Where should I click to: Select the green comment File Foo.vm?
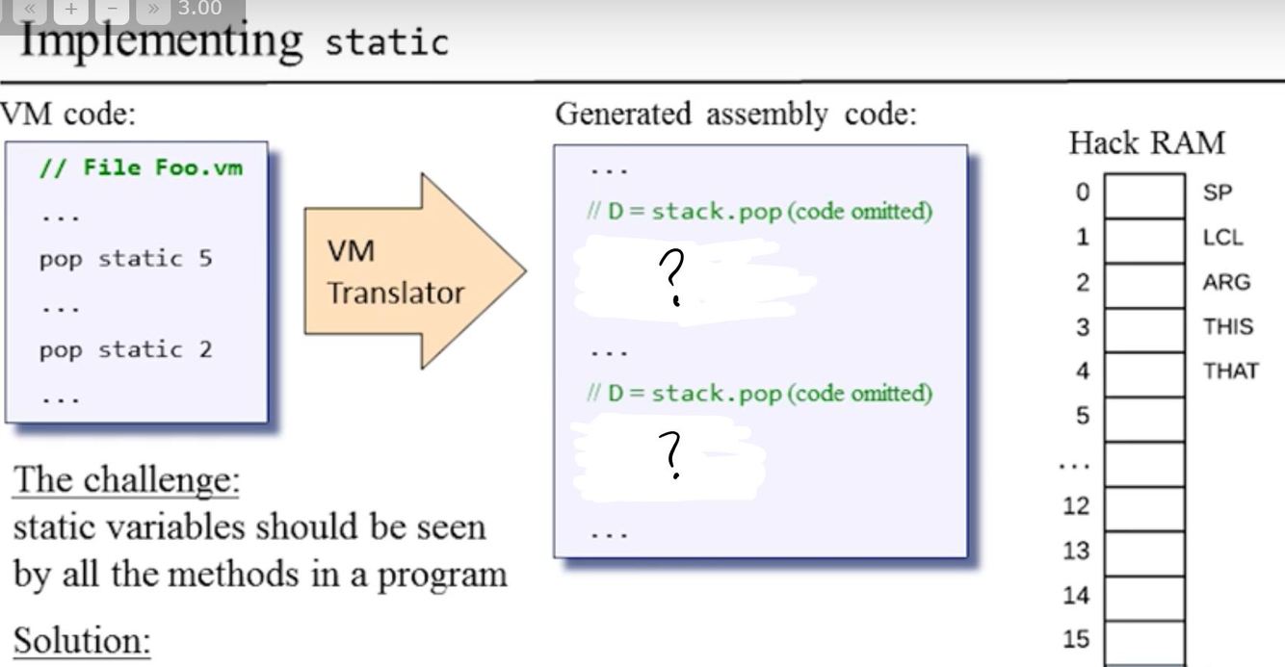141,167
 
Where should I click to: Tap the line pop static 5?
125,259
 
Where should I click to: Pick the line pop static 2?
125,349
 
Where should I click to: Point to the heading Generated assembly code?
736,114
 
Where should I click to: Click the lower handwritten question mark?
673,455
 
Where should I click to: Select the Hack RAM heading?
1146,143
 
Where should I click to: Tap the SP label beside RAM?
1217,192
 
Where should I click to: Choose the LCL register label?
1222,238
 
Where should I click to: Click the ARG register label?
1225,282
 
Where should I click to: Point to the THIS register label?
1227,326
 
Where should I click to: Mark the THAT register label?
1230,371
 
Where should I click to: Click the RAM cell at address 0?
1144,195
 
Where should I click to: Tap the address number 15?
1076,639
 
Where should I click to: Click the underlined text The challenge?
125,479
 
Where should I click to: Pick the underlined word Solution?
81,640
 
